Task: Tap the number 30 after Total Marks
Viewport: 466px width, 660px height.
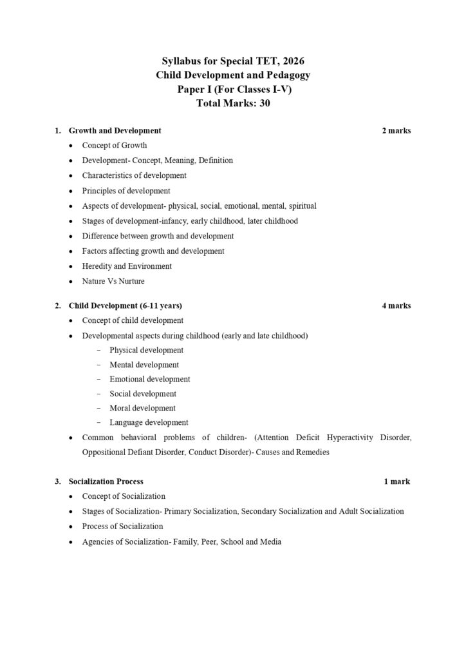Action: click(x=264, y=103)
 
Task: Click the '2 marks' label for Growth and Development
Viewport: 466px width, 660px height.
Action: click(x=396, y=131)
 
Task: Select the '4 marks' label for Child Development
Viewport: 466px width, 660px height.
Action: click(x=396, y=306)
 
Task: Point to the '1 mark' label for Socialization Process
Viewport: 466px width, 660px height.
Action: click(x=396, y=481)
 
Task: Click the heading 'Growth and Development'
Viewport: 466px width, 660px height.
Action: click(x=115, y=131)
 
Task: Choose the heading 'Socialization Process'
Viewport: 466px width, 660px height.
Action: click(x=106, y=481)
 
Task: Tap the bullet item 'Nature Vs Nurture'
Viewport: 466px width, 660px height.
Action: click(x=113, y=282)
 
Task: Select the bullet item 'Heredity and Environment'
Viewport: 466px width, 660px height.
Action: click(x=127, y=266)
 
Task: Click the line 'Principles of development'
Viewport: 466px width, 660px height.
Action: click(x=126, y=191)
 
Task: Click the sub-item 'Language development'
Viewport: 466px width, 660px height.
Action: click(x=149, y=423)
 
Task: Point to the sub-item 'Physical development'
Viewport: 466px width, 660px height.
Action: click(x=146, y=351)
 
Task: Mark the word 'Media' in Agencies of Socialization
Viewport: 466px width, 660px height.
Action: click(x=270, y=542)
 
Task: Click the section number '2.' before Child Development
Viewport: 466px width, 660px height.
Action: click(x=58, y=306)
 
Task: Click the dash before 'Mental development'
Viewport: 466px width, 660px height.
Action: click(x=98, y=365)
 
